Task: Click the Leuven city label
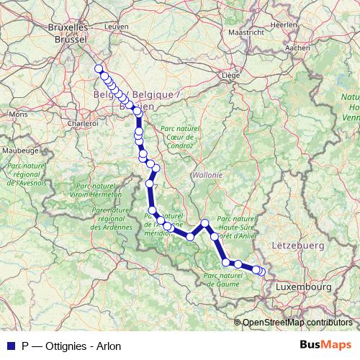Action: pos(116,26)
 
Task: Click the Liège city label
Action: pos(230,74)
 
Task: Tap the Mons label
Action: pos(19,114)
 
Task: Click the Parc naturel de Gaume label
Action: pos(226,279)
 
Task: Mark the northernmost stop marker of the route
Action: pos(99,69)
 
